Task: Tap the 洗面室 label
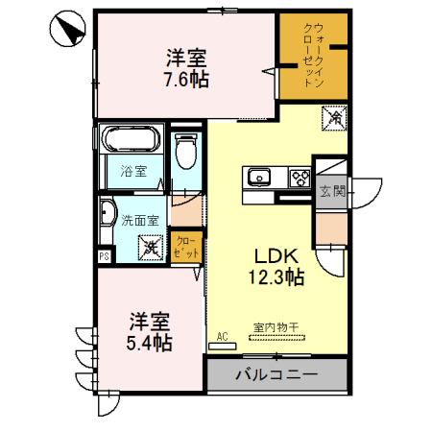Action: coord(140,219)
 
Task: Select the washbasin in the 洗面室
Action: coord(106,217)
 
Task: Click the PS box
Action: coord(104,255)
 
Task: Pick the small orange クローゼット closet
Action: coord(186,247)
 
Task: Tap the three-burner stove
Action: coord(299,178)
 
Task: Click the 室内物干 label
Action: coord(276,327)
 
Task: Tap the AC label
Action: coord(222,336)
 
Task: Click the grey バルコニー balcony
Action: coord(276,373)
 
